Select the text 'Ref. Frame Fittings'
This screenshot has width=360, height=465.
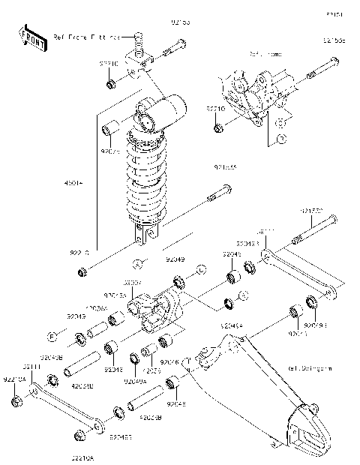pos(87,37)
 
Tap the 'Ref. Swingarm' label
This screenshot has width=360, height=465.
pos(309,369)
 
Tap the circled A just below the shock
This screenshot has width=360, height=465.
pos(138,262)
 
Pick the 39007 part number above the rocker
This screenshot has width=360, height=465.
pos(132,283)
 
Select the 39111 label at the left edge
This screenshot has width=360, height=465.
pos(30,367)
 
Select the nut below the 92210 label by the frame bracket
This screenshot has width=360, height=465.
pos(217,127)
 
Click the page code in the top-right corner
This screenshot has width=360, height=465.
pos(333,14)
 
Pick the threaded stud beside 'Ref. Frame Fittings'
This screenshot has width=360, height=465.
pos(137,38)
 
